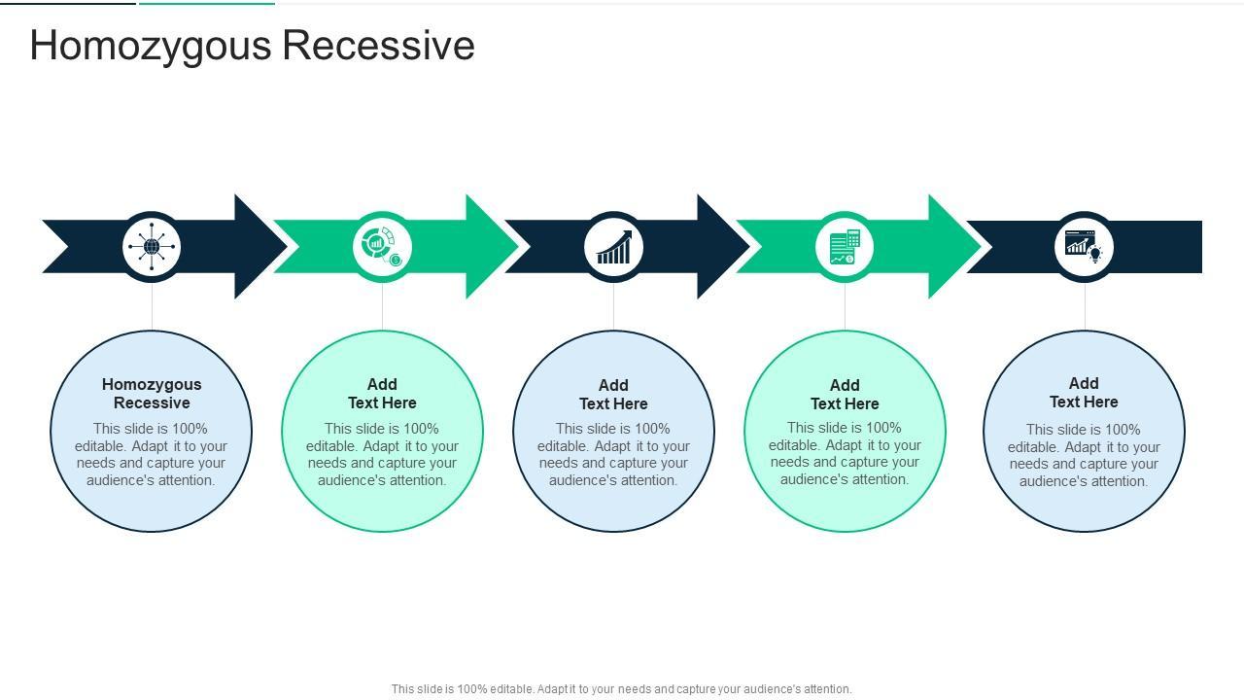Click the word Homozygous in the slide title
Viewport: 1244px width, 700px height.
click(x=151, y=46)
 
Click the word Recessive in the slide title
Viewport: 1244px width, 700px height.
click(x=379, y=45)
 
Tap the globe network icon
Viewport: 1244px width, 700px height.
click(x=152, y=247)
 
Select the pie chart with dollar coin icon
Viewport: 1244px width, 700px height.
click(x=382, y=247)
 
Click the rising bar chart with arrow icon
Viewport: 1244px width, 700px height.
click(x=613, y=247)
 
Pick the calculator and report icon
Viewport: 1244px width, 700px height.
click(x=845, y=247)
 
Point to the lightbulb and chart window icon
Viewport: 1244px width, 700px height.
click(x=1084, y=247)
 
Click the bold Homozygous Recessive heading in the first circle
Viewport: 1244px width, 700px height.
click(x=152, y=394)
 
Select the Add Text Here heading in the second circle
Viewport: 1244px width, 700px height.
click(x=382, y=394)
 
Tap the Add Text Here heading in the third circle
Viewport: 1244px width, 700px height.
click(x=613, y=395)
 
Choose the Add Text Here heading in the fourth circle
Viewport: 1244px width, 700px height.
click(x=845, y=395)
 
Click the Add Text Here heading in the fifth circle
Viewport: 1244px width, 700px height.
click(x=1084, y=392)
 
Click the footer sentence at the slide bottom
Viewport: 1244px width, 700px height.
click(x=621, y=689)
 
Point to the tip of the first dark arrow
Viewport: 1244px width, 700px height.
click(x=287, y=247)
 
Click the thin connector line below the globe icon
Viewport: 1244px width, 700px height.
click(x=152, y=306)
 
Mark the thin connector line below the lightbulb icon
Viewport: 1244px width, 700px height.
click(x=1085, y=306)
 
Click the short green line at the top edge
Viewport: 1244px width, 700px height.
click(x=207, y=3)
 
